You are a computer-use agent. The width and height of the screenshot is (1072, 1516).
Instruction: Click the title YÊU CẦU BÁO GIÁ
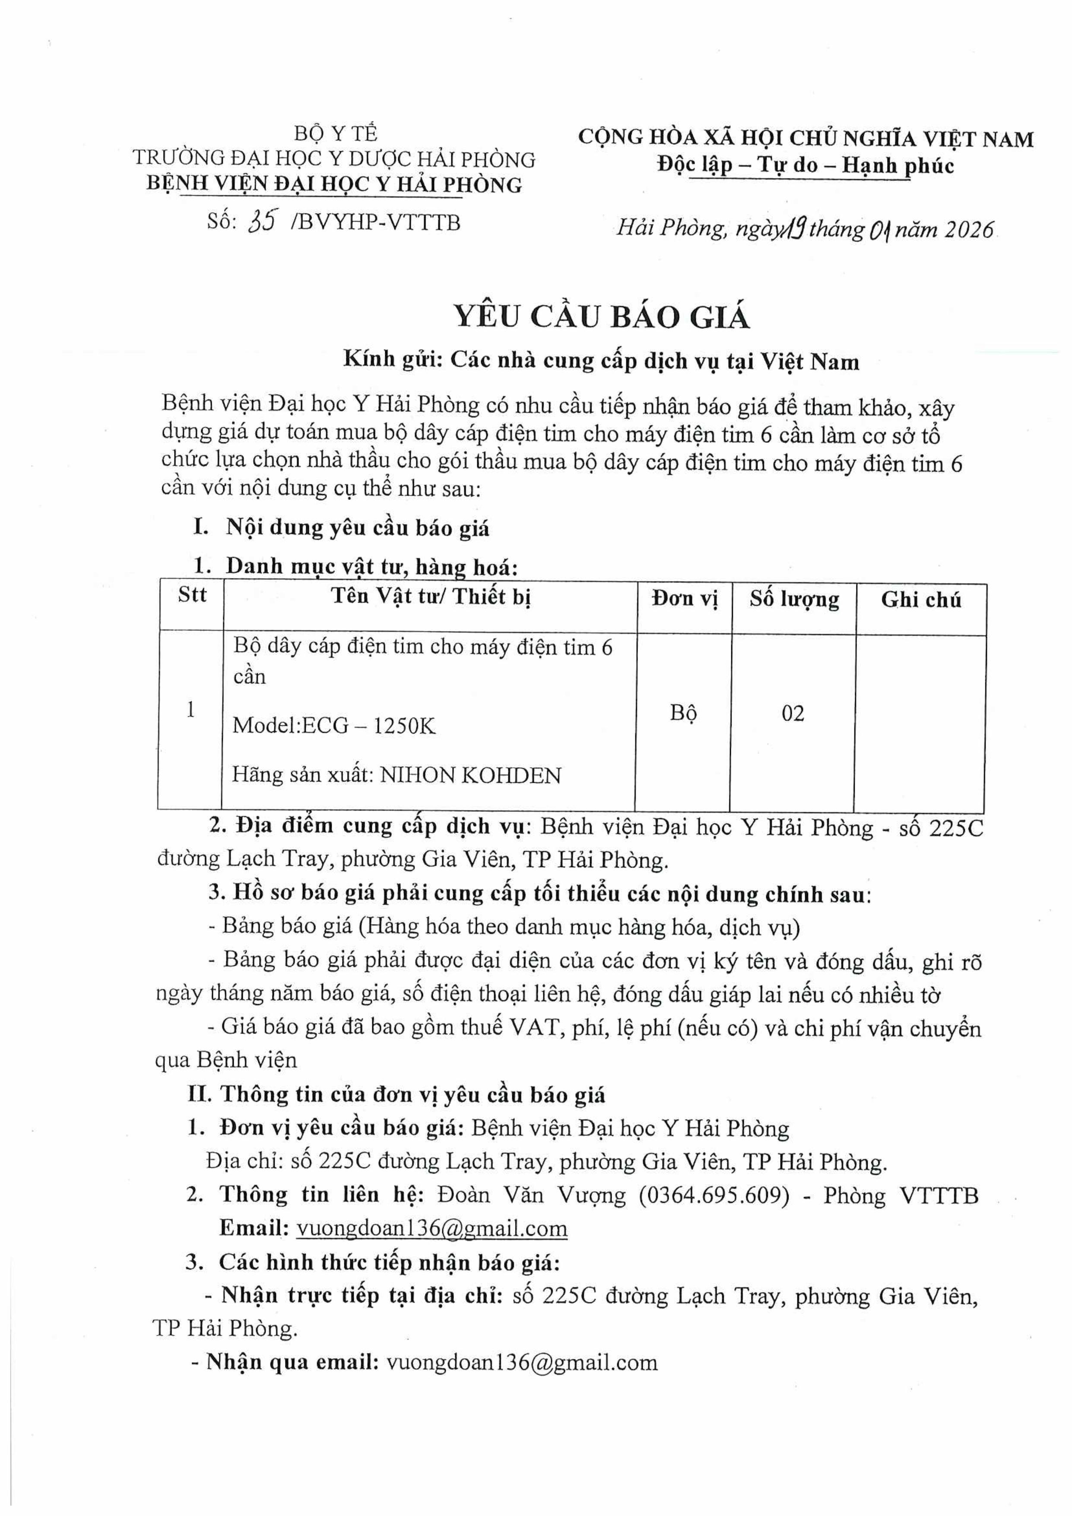coord(601,318)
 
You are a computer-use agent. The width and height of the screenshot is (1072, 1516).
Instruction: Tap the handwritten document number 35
coord(262,222)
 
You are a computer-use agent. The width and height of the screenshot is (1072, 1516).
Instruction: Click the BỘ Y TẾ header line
coord(335,133)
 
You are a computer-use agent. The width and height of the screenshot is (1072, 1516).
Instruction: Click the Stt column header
coord(192,595)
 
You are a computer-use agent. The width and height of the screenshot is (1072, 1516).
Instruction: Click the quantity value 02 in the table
coord(793,713)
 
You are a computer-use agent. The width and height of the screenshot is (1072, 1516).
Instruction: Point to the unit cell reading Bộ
coord(683,713)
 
